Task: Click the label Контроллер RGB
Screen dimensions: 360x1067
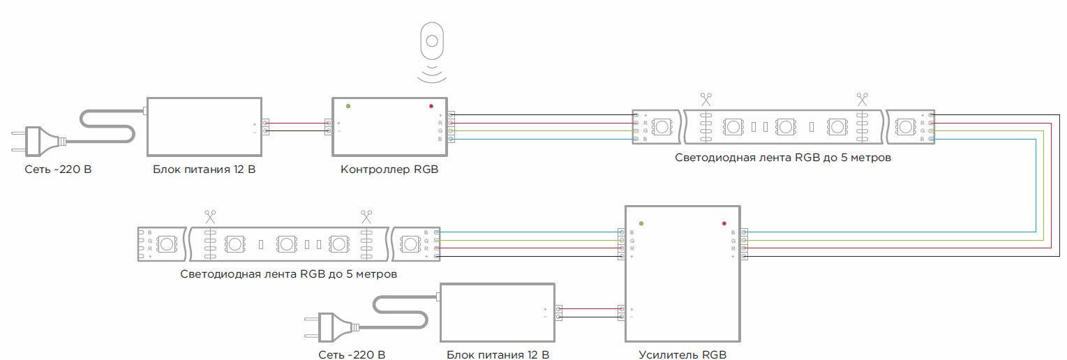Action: (389, 170)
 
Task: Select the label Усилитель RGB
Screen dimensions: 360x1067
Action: (682, 354)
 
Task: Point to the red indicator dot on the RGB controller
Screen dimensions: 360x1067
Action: (431, 106)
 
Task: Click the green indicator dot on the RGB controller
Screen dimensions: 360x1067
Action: (348, 106)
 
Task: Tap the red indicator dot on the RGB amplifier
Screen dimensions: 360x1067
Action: (724, 224)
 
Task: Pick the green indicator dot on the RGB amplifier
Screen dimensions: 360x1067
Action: (641, 224)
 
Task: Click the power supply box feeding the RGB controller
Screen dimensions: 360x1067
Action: (204, 126)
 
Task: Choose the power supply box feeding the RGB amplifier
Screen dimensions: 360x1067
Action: (497, 312)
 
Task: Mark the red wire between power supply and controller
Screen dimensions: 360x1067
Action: (297, 123)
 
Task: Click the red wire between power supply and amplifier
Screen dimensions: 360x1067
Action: (590, 308)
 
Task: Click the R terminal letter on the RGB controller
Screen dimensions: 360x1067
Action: (440, 123)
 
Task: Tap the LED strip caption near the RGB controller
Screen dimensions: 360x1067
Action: (783, 158)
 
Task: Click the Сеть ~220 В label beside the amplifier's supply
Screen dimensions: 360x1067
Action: (352, 355)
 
